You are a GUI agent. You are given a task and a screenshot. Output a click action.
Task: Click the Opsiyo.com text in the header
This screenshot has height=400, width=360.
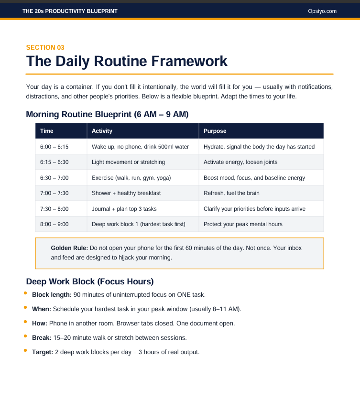[322, 11]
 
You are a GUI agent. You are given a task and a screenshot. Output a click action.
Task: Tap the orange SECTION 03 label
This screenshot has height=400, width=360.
[45, 47]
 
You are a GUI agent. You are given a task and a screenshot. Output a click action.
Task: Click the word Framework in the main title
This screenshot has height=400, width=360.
[189, 61]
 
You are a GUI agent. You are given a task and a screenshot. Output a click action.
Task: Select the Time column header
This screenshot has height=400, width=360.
[47, 131]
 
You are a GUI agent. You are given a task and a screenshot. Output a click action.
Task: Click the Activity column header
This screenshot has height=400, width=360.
[102, 131]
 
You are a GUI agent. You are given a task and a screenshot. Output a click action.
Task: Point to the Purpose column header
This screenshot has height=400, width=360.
[215, 131]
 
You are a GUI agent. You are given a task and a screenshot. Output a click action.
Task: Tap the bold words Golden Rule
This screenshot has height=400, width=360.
[69, 248]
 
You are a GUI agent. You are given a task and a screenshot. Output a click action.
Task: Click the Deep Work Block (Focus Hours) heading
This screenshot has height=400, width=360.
[90, 281]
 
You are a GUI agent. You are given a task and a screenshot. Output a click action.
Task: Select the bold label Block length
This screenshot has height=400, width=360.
[52, 295]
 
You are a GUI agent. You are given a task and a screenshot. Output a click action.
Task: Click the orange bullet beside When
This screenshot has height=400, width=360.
[25, 307]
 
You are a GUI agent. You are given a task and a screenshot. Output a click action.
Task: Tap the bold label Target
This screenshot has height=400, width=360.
[43, 352]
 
